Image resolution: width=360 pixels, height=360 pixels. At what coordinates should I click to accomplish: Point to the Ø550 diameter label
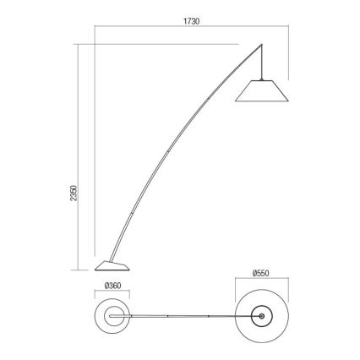(261, 273)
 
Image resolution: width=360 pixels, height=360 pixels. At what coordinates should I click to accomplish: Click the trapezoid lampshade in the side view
(264, 91)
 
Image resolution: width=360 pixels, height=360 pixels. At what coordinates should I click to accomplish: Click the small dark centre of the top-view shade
(262, 318)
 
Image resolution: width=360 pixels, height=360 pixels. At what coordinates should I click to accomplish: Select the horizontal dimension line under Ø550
(262, 282)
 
